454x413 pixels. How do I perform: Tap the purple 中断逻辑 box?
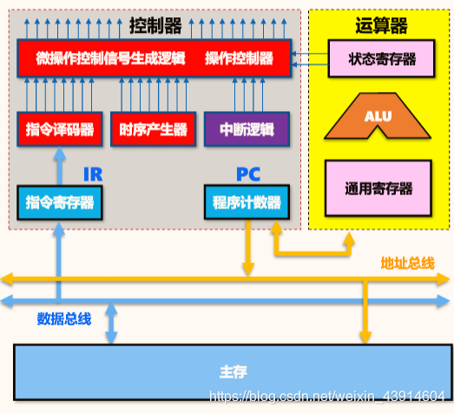(x=246, y=129)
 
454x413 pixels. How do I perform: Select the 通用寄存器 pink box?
(x=378, y=188)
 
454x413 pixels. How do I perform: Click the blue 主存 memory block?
(x=233, y=371)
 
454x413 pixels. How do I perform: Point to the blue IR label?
(x=92, y=174)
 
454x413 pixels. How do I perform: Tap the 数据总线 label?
(x=63, y=318)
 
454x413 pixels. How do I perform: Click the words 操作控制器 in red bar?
(x=239, y=59)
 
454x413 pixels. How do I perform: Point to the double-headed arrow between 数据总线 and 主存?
(x=111, y=322)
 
